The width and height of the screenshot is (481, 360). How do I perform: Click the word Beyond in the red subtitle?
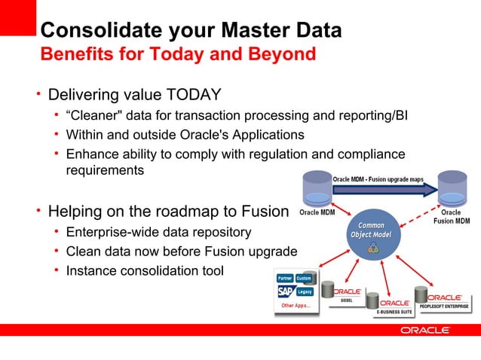pyautogui.click(x=278, y=54)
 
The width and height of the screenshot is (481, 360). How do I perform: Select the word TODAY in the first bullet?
pyautogui.click(x=194, y=95)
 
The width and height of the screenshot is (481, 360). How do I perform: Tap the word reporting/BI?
pyautogui.click(x=369, y=115)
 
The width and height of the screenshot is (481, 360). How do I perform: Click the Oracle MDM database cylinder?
pyautogui.click(x=317, y=188)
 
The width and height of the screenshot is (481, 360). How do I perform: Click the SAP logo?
pyautogui.click(x=285, y=291)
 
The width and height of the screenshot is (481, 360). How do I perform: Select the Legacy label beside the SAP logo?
pyautogui.click(x=305, y=291)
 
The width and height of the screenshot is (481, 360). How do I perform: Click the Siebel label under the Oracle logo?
pyautogui.click(x=348, y=299)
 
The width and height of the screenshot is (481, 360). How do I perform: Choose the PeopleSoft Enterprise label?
pyautogui.click(x=444, y=307)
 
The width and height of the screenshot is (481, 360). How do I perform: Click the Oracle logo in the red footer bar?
pyautogui.click(x=424, y=330)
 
